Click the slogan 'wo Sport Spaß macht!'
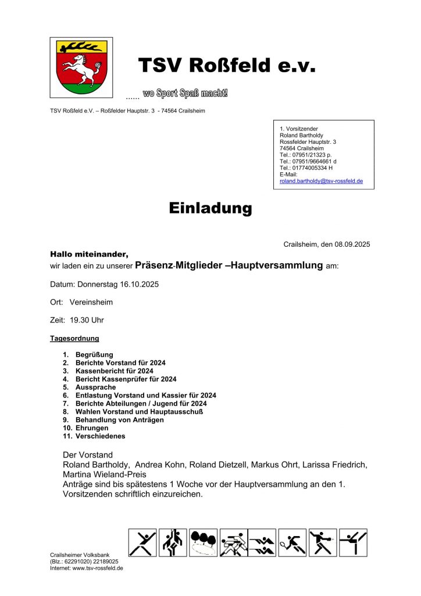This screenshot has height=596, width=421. coord(185,94)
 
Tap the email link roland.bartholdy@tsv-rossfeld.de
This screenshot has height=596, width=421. coord(321,181)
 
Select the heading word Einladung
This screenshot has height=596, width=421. coord(211,208)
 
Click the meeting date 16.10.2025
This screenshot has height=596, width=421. coord(139,285)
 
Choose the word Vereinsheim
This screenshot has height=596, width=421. coord(91,303)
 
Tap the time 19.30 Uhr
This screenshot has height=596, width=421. coord(87,320)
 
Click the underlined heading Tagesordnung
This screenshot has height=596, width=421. coord(74,338)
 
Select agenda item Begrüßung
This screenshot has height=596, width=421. coord(94,354)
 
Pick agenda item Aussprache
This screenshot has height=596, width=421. coord(96,387)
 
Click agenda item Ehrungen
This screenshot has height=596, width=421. coord(92,428)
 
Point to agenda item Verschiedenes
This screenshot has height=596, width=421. coord(100,436)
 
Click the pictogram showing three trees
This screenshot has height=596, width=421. coord(203,543)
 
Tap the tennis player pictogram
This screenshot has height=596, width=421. coord(292,543)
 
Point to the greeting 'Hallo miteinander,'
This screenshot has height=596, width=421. coord(89,254)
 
